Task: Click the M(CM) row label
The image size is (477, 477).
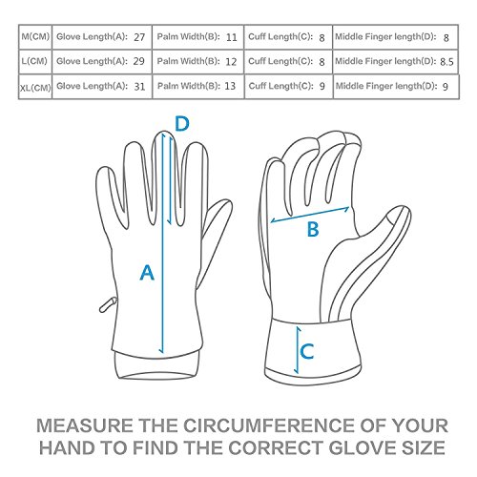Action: click(x=35, y=36)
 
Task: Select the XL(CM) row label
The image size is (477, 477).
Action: click(x=35, y=88)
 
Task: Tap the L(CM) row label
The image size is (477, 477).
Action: click(x=34, y=61)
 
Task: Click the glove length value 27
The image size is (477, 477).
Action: click(x=139, y=37)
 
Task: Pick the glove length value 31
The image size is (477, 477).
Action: click(x=139, y=87)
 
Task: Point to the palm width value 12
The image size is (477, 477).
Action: click(x=231, y=61)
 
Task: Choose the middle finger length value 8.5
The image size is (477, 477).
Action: click(x=446, y=62)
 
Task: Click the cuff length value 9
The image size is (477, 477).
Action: click(x=322, y=86)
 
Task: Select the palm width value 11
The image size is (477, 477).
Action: click(x=232, y=37)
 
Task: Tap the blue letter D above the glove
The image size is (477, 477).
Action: click(x=182, y=124)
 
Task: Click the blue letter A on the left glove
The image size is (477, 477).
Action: click(x=147, y=273)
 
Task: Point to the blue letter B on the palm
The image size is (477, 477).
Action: click(x=313, y=229)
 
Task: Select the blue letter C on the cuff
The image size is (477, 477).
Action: click(x=307, y=351)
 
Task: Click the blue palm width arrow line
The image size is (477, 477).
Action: click(x=310, y=215)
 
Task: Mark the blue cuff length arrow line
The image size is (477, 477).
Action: click(x=298, y=350)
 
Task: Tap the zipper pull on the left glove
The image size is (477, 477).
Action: click(x=108, y=304)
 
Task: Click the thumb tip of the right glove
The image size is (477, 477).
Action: click(x=404, y=211)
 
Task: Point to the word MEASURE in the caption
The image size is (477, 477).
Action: click(x=85, y=425)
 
